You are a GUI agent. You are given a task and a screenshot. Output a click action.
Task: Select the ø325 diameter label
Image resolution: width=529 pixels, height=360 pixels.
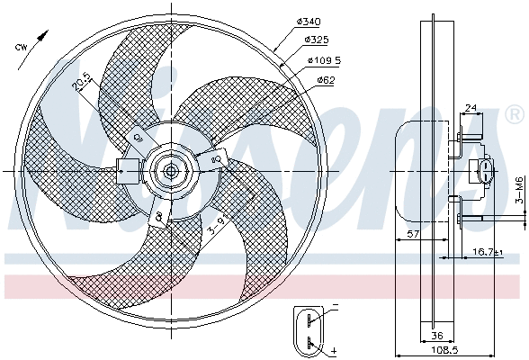tap(317, 40)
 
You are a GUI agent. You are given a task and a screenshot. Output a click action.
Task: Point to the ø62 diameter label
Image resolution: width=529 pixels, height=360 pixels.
tap(326, 80)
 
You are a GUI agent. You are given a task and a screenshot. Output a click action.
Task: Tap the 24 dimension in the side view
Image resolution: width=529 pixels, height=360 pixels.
tap(471, 109)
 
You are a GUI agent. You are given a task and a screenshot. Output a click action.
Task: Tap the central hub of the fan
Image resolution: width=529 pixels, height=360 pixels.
tap(170, 170)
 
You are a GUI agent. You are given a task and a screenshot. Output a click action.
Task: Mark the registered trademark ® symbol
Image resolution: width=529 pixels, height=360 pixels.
tap(514, 115)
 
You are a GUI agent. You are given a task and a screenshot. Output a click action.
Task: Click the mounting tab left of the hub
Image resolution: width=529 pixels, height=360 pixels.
tap(126, 167)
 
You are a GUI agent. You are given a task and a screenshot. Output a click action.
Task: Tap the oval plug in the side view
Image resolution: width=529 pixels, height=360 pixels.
tap(486, 171)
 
